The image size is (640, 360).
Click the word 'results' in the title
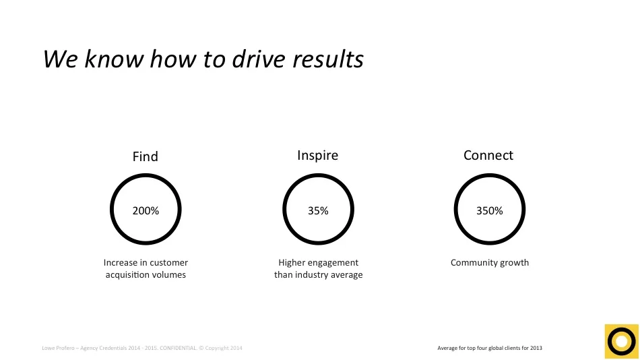point(328,59)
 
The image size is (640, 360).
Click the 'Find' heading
point(145,156)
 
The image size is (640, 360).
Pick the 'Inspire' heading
point(317,156)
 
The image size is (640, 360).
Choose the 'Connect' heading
point(488,156)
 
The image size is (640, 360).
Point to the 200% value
point(146,211)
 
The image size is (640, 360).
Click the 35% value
point(318,211)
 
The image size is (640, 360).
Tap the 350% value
point(490,211)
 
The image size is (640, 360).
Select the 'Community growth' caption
point(490,263)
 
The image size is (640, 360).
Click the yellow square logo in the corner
point(620,340)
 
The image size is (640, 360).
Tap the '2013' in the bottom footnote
point(536,349)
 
